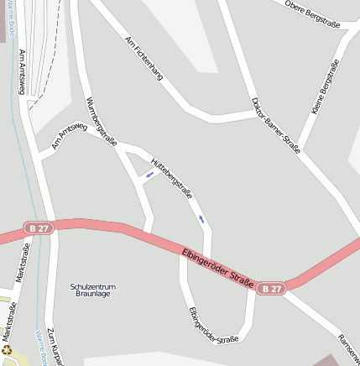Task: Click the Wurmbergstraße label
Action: [x=101, y=120]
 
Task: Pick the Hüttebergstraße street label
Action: [x=171, y=177]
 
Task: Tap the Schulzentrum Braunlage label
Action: [x=93, y=291]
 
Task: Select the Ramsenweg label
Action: [x=348, y=343]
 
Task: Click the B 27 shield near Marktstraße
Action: [x=37, y=227]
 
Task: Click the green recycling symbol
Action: [x=7, y=351]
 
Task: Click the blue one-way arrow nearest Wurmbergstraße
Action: [x=149, y=175]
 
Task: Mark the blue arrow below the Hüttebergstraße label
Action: [x=201, y=219]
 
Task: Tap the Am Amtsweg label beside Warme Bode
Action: [x=22, y=71]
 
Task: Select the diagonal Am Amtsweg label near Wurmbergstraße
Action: [x=69, y=136]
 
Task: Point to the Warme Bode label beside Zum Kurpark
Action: [x=39, y=341]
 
